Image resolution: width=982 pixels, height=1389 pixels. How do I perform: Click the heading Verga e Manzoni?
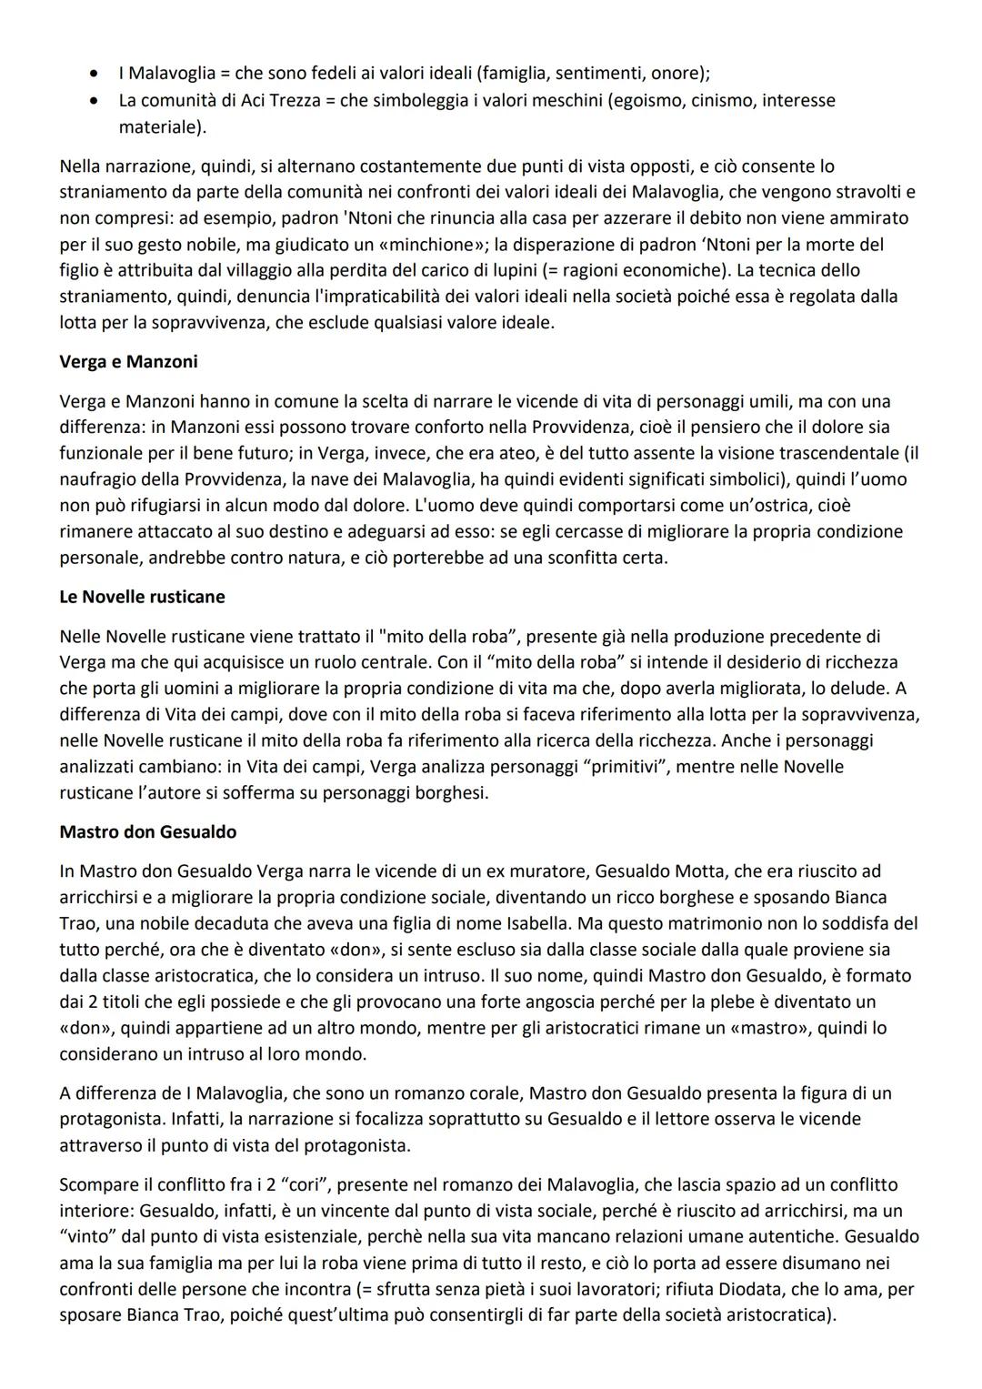128,362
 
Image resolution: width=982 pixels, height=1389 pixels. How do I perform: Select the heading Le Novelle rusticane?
142,597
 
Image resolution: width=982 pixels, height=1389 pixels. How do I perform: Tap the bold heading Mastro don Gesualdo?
148,831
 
